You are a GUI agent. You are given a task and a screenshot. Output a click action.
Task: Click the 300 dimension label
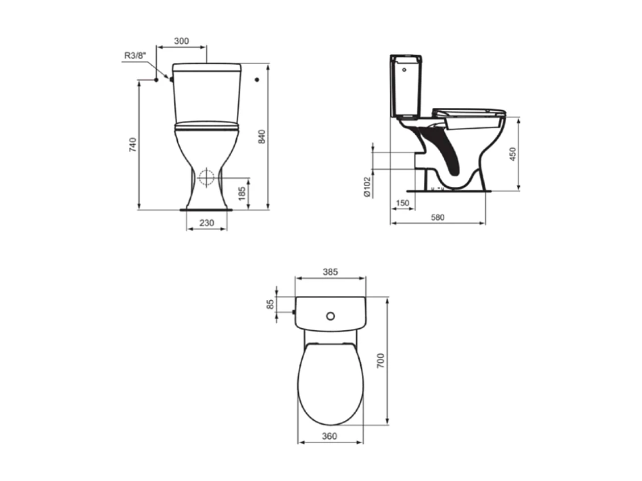181,41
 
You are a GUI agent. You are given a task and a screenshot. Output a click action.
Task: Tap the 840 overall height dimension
261,136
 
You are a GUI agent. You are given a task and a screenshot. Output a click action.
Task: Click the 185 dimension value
241,194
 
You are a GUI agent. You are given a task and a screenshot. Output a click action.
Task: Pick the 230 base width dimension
207,223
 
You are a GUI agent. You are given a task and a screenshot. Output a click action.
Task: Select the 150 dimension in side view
402,203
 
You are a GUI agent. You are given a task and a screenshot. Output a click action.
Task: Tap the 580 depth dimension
437,217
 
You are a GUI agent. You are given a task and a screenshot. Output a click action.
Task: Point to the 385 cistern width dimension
330,272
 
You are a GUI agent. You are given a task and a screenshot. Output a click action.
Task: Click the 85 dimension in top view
271,304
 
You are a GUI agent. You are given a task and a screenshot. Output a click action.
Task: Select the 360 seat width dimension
330,436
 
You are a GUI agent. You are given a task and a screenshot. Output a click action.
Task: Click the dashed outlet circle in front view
207,178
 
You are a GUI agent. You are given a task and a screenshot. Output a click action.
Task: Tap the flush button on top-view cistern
330,315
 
